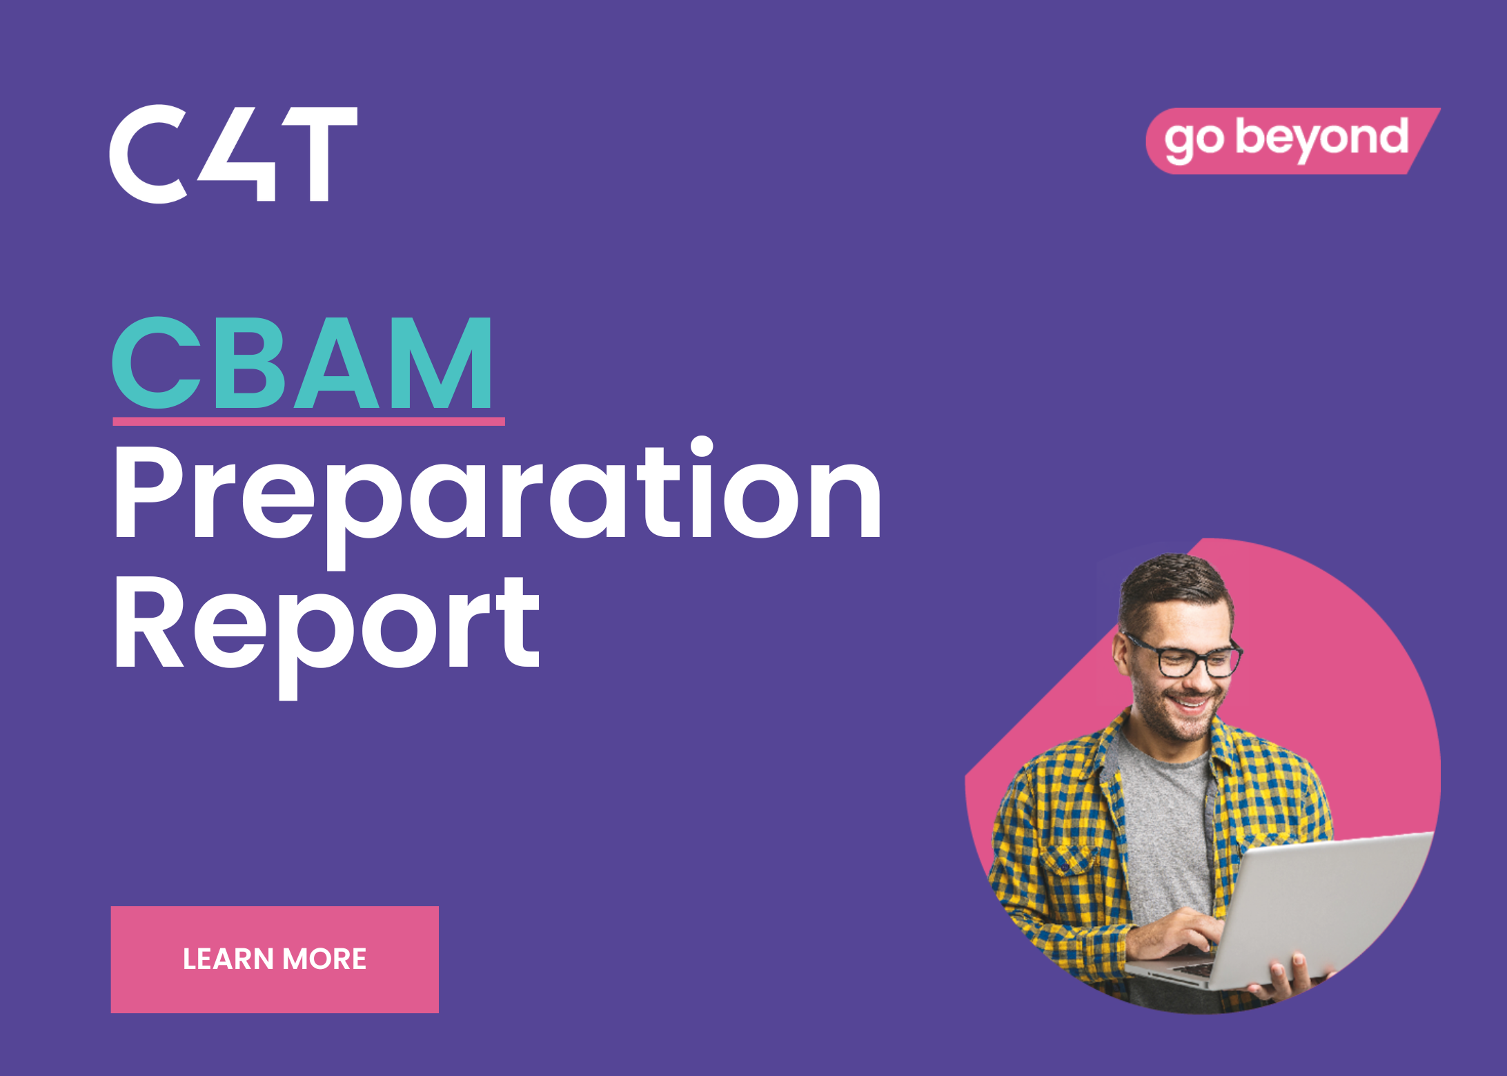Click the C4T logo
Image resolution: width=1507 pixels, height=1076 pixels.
pos(233,154)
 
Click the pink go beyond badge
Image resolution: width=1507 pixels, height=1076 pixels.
pos(1292,140)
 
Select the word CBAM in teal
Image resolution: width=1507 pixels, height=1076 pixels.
pos(302,362)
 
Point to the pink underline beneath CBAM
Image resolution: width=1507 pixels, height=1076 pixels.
pos(308,421)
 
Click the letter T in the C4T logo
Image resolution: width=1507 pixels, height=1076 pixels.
pos(323,154)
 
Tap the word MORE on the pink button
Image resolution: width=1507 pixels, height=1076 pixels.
pos(324,959)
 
